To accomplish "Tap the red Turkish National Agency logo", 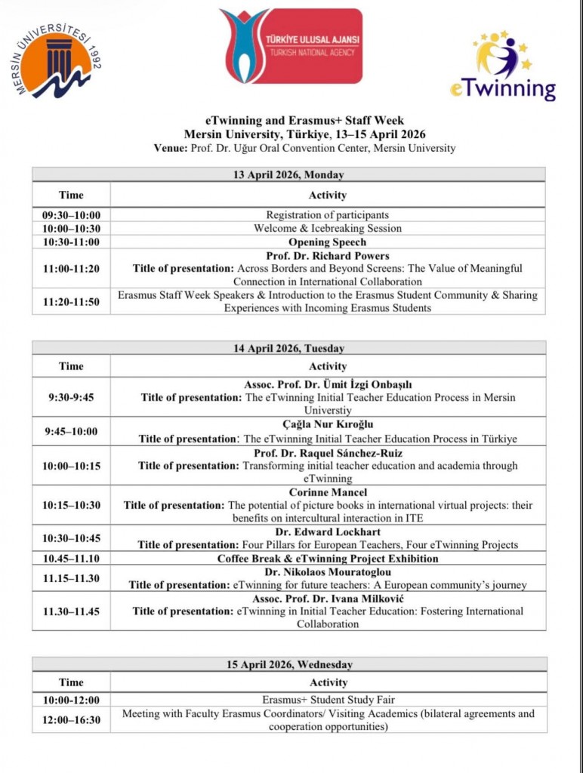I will pos(291,46).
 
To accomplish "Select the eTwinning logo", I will pos(503,66).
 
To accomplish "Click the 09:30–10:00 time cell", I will pos(71,215).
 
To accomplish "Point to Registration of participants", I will pos(327,215).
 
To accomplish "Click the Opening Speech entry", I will pos(327,242).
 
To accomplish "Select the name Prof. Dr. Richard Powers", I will pos(327,256).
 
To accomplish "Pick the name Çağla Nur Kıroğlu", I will pos(327,424).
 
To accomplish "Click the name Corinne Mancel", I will pos(327,492).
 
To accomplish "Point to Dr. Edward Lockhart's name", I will pos(327,532).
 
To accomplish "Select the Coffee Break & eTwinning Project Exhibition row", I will pos(327,559).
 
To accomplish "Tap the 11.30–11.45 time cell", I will pos(71,611).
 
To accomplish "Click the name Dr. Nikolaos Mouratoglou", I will pos(327,571).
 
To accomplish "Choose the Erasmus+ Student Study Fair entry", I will pos(327,700).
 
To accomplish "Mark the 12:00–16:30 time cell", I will pos(71,719).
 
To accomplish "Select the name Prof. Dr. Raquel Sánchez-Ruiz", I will pos(327,453).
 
